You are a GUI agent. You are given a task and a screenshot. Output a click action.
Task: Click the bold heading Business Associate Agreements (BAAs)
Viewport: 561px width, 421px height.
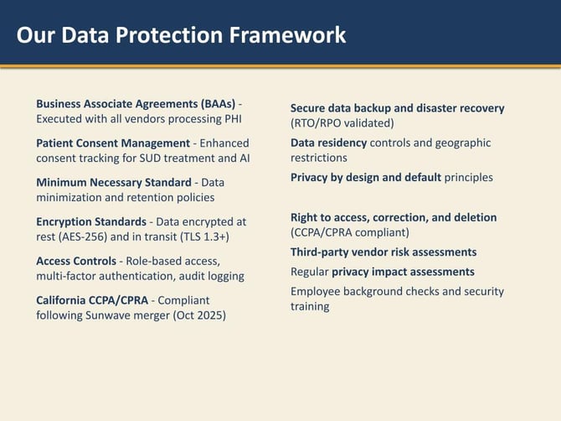click(x=135, y=103)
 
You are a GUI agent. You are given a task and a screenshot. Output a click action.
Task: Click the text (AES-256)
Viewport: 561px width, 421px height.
click(x=90, y=236)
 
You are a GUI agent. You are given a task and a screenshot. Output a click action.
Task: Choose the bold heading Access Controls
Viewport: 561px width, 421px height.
click(x=76, y=261)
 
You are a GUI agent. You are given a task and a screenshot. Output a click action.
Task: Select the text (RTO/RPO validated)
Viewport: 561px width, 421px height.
click(x=342, y=123)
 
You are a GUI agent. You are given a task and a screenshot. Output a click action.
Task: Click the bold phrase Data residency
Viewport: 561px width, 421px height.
click(x=328, y=143)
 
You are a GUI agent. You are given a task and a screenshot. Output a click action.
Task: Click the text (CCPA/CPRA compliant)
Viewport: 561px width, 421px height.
click(x=349, y=232)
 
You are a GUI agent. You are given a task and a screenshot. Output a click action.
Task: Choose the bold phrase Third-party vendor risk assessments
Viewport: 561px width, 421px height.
click(x=383, y=252)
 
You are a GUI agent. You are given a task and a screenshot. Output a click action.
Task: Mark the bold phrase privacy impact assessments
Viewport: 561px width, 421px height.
click(x=403, y=272)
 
